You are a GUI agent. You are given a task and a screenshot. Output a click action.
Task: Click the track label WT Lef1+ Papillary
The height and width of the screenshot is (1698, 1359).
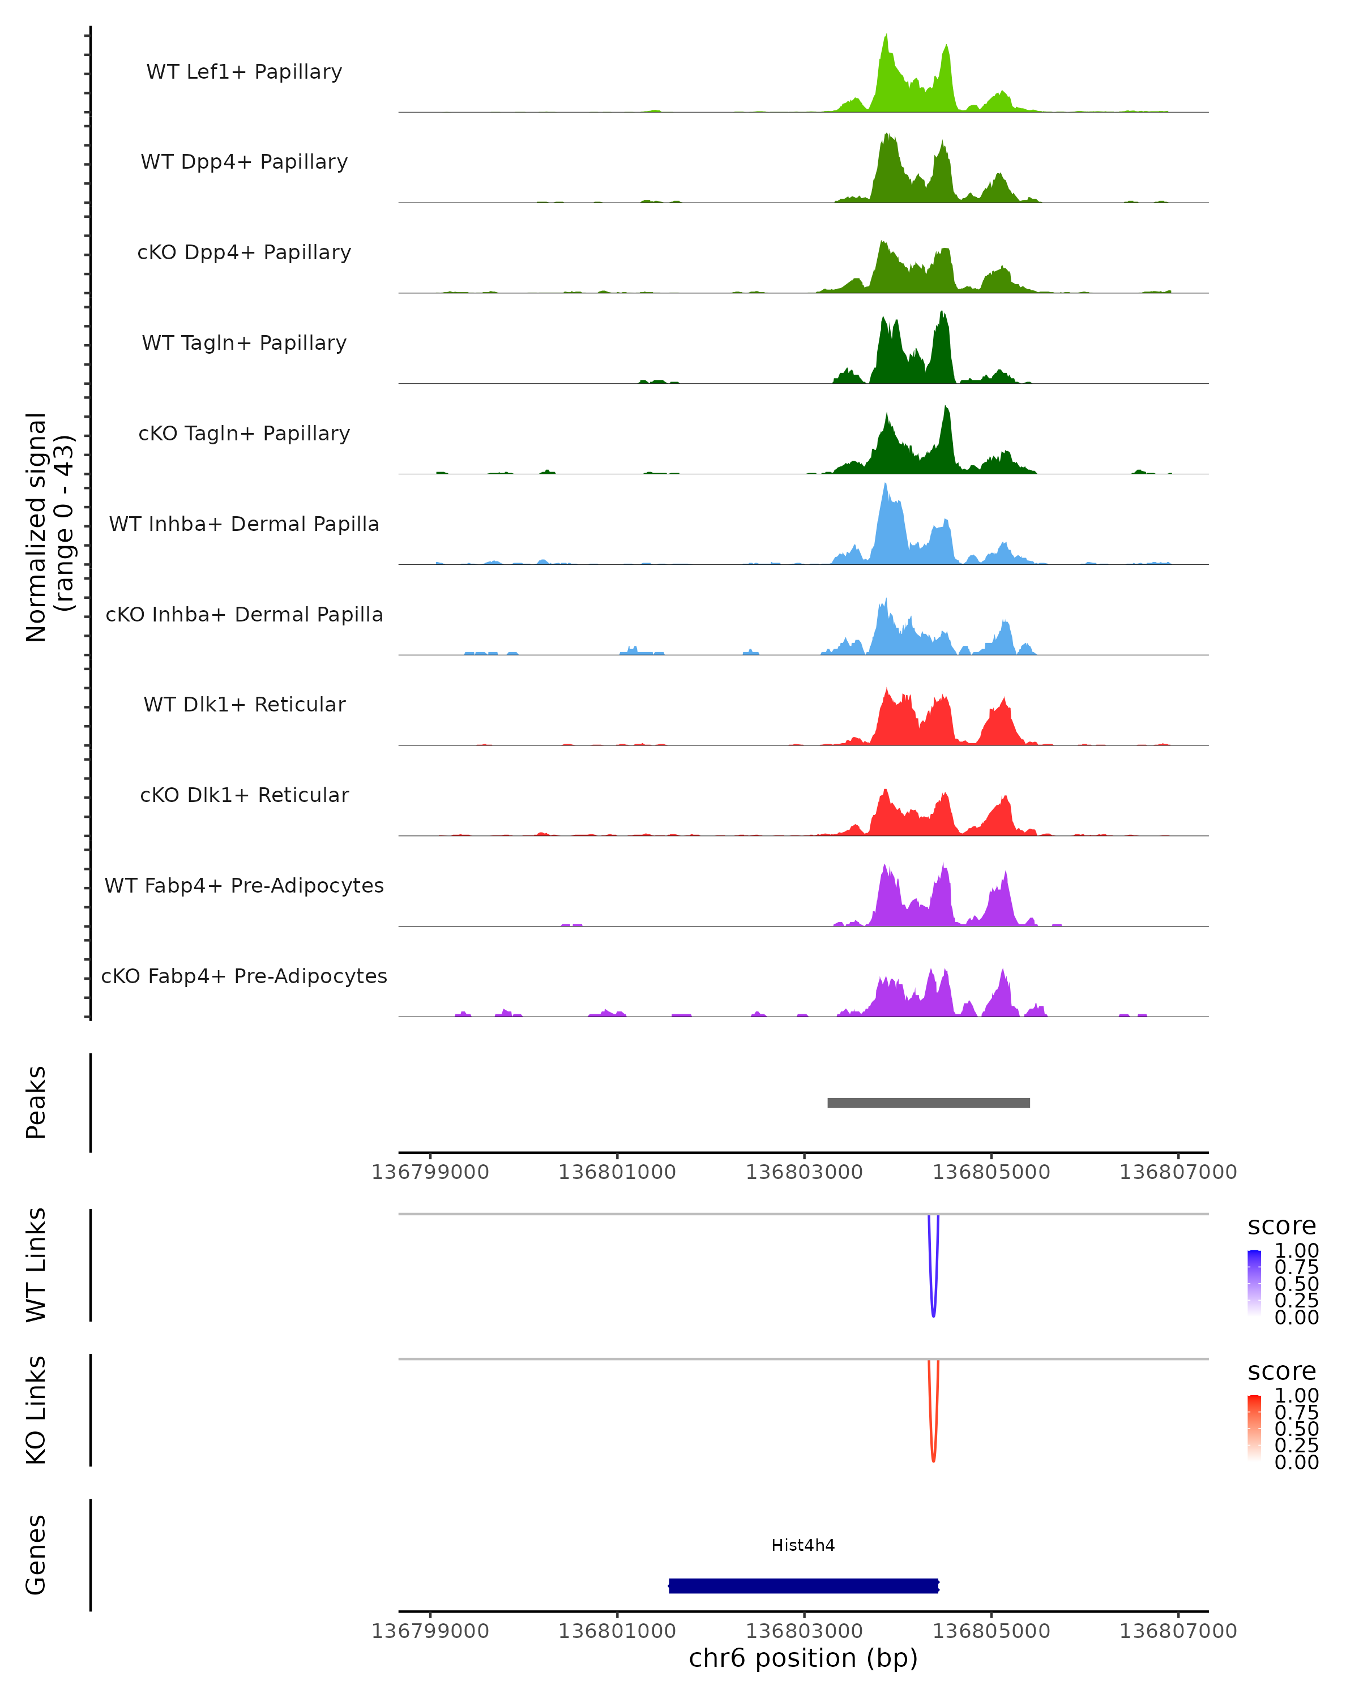[244, 72]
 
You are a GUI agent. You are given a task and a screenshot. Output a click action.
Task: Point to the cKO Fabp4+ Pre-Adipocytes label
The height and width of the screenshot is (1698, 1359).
[244, 976]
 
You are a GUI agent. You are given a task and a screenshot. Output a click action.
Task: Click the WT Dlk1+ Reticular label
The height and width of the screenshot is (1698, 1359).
[244, 704]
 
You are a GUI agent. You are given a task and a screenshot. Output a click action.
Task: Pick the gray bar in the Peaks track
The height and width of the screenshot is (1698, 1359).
[928, 1103]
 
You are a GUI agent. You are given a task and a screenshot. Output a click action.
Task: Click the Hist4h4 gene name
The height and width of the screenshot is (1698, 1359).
[803, 1545]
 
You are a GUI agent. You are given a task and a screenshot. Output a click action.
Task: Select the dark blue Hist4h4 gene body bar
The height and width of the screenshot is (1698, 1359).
[803, 1585]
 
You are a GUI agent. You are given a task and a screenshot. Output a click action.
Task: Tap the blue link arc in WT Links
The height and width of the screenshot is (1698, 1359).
[934, 1307]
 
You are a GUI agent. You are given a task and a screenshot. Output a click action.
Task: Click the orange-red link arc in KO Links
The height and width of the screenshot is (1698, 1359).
[934, 1453]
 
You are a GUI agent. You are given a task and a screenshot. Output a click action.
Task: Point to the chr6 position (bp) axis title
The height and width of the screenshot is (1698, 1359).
[803, 1658]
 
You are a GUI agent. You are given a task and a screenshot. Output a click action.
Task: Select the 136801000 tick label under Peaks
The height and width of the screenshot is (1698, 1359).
[617, 1172]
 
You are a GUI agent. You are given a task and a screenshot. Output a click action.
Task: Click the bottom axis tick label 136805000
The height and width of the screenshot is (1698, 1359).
[991, 1631]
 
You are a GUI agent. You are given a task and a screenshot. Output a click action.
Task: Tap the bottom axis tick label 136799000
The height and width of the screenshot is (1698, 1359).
[430, 1631]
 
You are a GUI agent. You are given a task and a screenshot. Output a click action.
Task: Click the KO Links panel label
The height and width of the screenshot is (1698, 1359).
[36, 1410]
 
